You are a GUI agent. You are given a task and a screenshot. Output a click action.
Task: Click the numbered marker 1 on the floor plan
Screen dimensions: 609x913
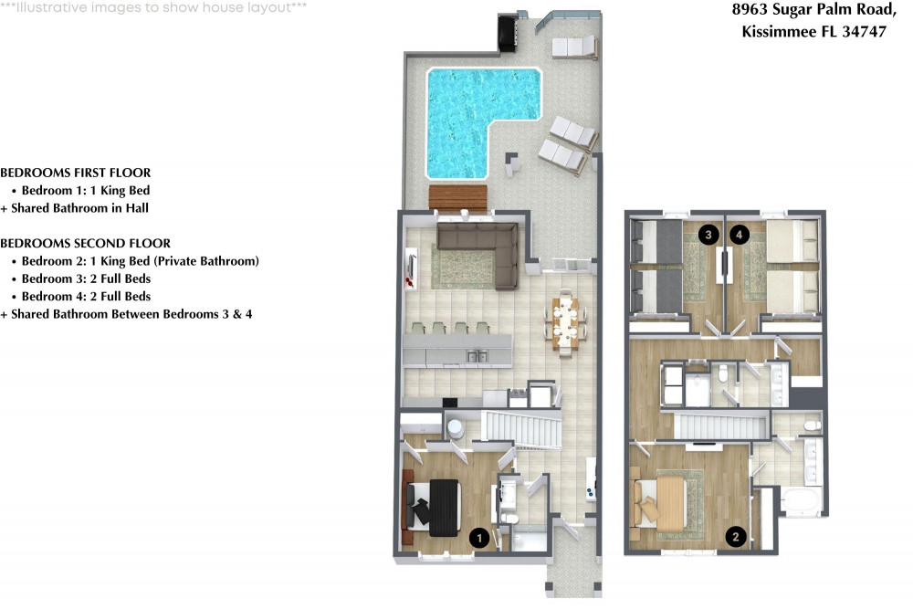[476, 539]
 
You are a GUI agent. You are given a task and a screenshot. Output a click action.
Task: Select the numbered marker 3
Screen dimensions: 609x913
[707, 235]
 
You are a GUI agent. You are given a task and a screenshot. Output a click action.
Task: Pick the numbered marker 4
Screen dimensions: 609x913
[739, 235]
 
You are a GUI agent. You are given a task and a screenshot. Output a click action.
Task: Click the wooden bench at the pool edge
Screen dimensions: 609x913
[457, 196]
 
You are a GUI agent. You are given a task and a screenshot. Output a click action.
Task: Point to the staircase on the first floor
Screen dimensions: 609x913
[520, 428]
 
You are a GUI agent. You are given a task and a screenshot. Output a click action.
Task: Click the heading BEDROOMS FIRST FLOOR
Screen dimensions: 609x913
[76, 173]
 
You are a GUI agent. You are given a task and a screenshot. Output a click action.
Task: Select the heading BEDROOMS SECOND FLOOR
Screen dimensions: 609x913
[86, 244]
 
